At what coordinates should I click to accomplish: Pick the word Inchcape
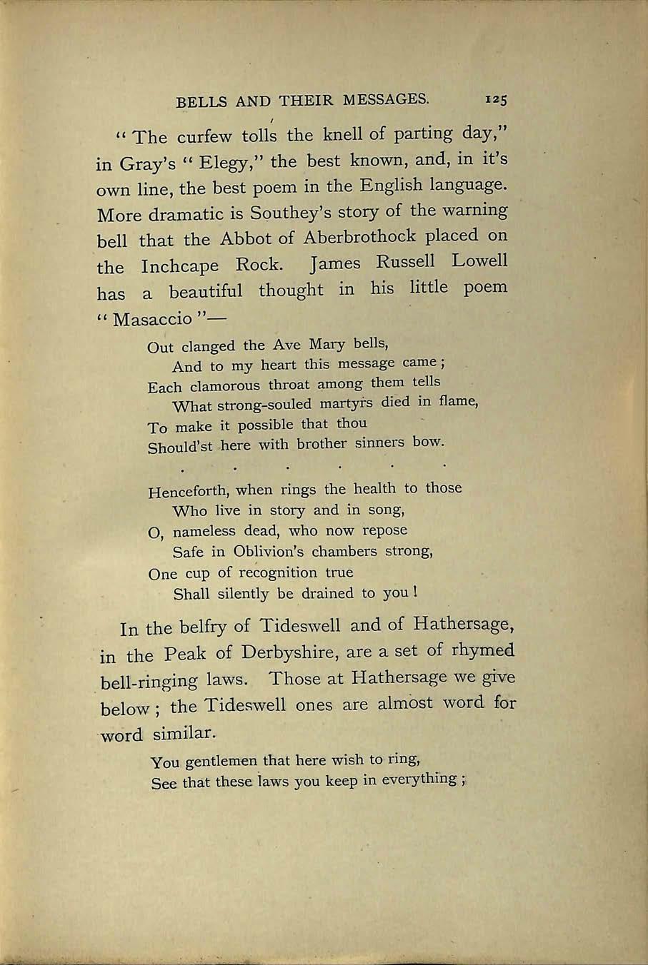(180, 267)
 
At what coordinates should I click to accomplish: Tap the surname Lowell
(479, 261)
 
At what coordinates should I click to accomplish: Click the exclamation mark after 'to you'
(414, 592)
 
